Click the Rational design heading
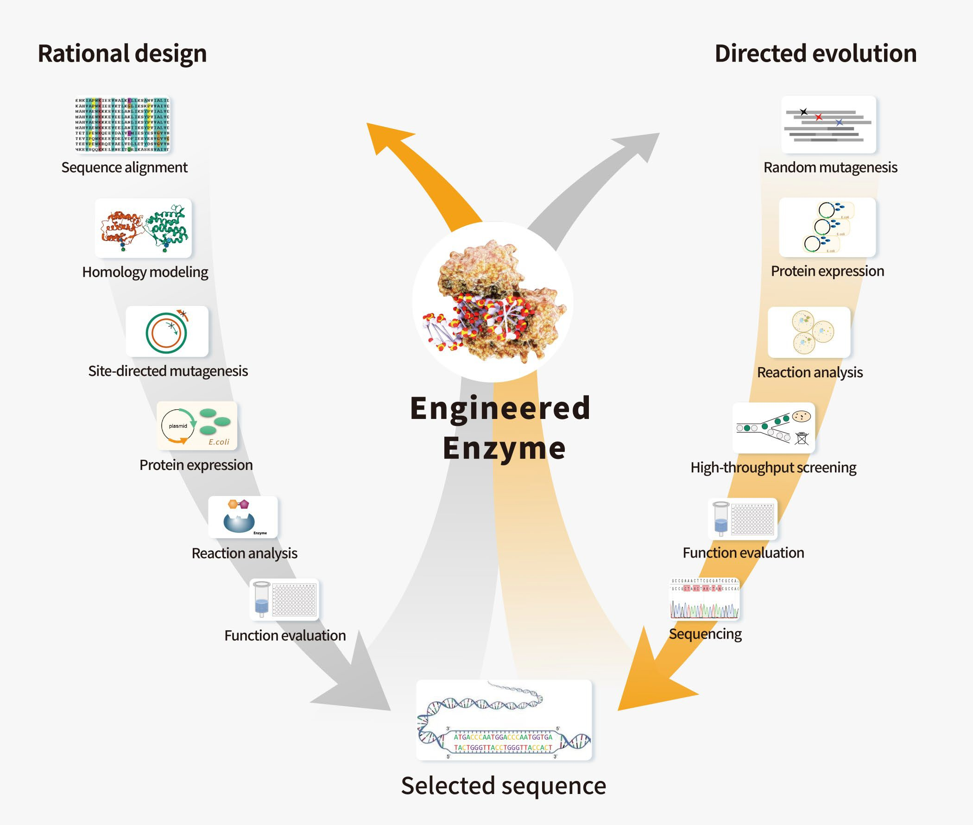coord(122,53)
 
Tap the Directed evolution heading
coord(815,53)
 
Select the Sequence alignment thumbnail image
coord(122,124)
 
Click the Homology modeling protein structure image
coord(143,228)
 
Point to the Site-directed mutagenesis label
coord(168,371)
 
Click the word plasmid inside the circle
coord(177,426)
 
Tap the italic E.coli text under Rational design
coord(219,442)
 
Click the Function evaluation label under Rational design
coord(285,635)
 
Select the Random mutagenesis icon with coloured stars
coord(828,125)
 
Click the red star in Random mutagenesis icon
coord(819,117)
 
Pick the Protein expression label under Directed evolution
coord(827,271)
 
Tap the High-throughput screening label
coord(773,468)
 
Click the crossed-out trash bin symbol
coord(802,438)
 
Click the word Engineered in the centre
coord(500,408)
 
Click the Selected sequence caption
coord(504,786)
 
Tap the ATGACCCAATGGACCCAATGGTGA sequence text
coord(503,737)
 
